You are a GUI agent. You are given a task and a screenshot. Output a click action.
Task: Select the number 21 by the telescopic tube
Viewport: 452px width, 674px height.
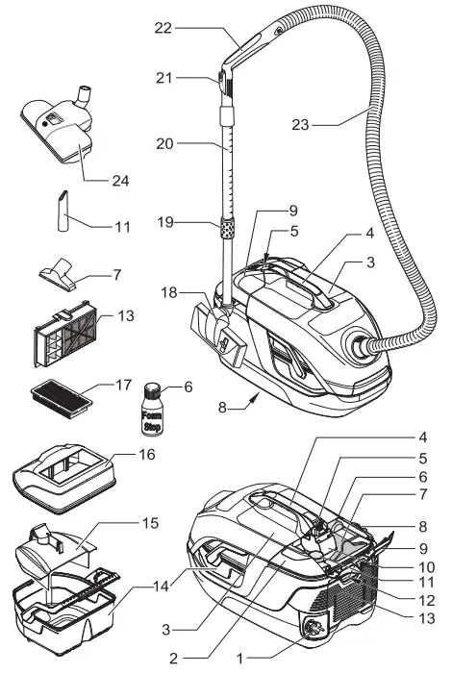click(163, 77)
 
